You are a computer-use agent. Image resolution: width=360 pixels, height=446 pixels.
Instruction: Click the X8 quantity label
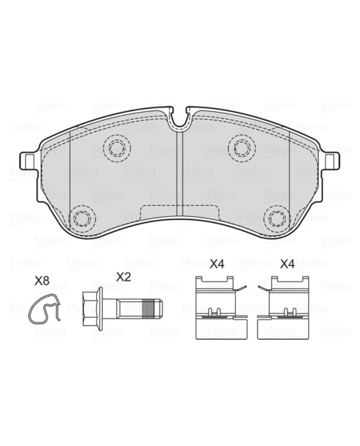(42, 281)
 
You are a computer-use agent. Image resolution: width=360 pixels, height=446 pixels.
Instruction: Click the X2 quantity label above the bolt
(124, 277)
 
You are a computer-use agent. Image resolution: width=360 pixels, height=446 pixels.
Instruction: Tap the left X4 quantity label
(217, 264)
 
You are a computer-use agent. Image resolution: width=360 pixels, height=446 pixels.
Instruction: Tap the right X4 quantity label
(287, 264)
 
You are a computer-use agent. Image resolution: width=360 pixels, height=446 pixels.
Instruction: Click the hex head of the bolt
(90, 309)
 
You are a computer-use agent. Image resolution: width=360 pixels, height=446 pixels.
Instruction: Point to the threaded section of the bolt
(151, 309)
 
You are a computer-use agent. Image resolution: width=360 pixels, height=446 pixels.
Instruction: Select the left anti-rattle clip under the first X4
(221, 307)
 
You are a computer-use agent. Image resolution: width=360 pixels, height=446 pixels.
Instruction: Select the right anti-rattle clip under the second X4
(283, 307)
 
